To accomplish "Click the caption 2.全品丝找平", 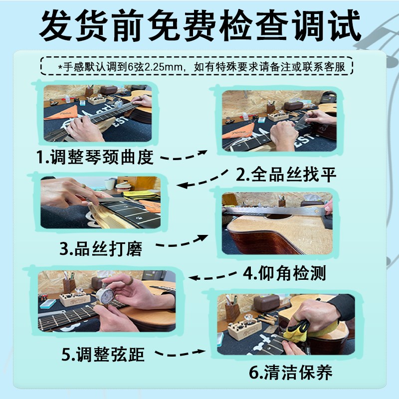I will coord(286,175).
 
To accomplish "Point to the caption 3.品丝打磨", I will coord(101,248).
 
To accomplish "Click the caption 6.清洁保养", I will coord(291,372).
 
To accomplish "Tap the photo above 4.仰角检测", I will coord(277,222).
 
